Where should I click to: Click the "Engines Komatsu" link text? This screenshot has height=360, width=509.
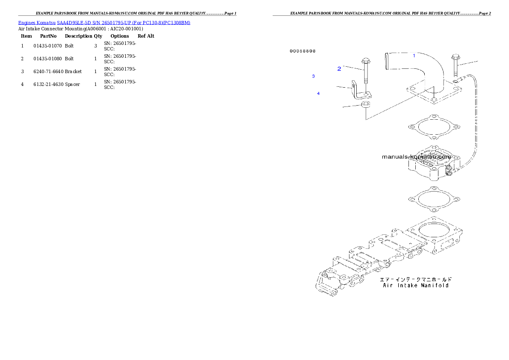point(37,22)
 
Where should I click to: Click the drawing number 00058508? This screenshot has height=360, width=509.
point(302,51)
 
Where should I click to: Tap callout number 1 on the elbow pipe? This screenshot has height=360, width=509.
point(414,56)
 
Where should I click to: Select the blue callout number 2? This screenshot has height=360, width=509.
point(339,68)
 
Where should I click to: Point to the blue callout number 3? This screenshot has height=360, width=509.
point(314,76)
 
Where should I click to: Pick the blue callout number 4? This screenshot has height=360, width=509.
point(318,93)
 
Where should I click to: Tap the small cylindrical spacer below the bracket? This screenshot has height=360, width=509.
point(366,105)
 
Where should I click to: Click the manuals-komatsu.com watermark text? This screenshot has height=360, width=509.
point(416,156)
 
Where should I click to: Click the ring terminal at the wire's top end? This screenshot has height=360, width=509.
point(457,80)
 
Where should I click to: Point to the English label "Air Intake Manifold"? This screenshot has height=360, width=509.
point(415,285)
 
